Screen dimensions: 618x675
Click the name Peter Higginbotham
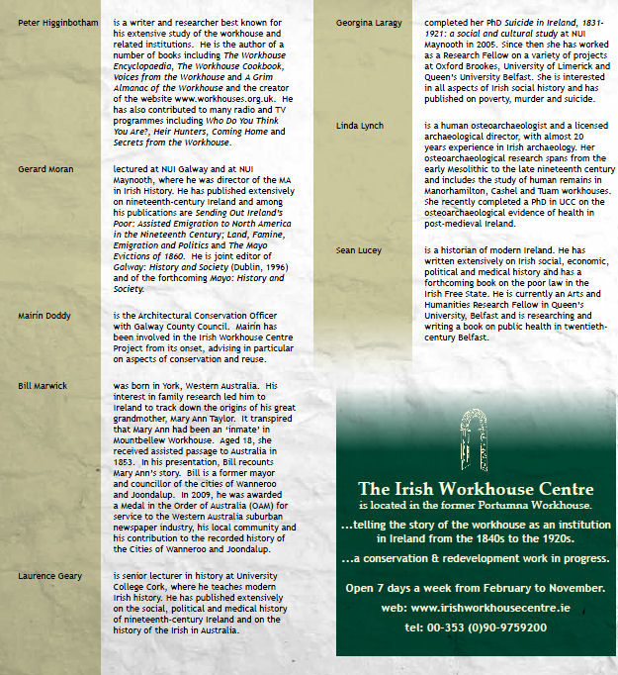58,23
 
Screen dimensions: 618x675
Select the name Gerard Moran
45,169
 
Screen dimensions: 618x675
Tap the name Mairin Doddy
44,316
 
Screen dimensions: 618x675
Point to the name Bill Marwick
44,384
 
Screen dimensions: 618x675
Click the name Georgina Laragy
369,22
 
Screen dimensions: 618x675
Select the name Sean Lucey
359,251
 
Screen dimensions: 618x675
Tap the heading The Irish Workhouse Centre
476,489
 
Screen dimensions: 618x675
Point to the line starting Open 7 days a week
476,588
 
